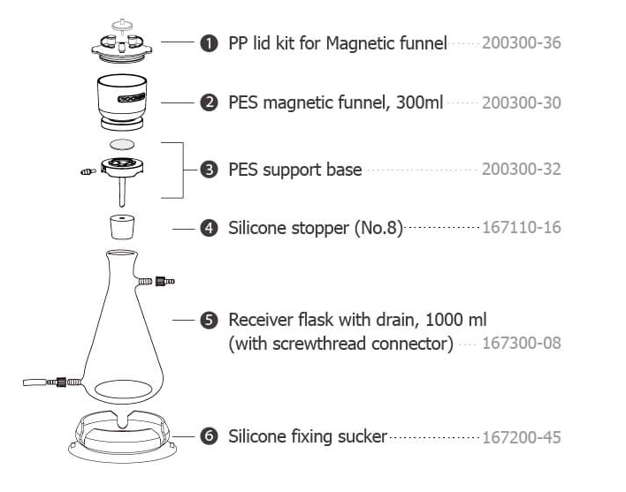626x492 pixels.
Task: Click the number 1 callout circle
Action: pyautogui.click(x=210, y=42)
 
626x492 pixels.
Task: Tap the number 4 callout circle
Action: pyautogui.click(x=210, y=228)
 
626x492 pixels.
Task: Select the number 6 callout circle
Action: pyautogui.click(x=210, y=436)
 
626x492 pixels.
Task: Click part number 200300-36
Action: pyautogui.click(x=521, y=42)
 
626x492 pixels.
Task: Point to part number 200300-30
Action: pyautogui.click(x=521, y=102)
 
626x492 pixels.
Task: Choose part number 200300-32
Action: pyautogui.click(x=521, y=169)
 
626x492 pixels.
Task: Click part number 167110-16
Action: pyautogui.click(x=521, y=228)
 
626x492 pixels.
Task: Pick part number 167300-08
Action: pyautogui.click(x=521, y=343)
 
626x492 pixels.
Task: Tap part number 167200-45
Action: pyautogui.click(x=521, y=436)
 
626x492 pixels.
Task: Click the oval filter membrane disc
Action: pyautogui.click(x=123, y=143)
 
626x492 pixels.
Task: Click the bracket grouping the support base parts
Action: pyautogui.click(x=182, y=169)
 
